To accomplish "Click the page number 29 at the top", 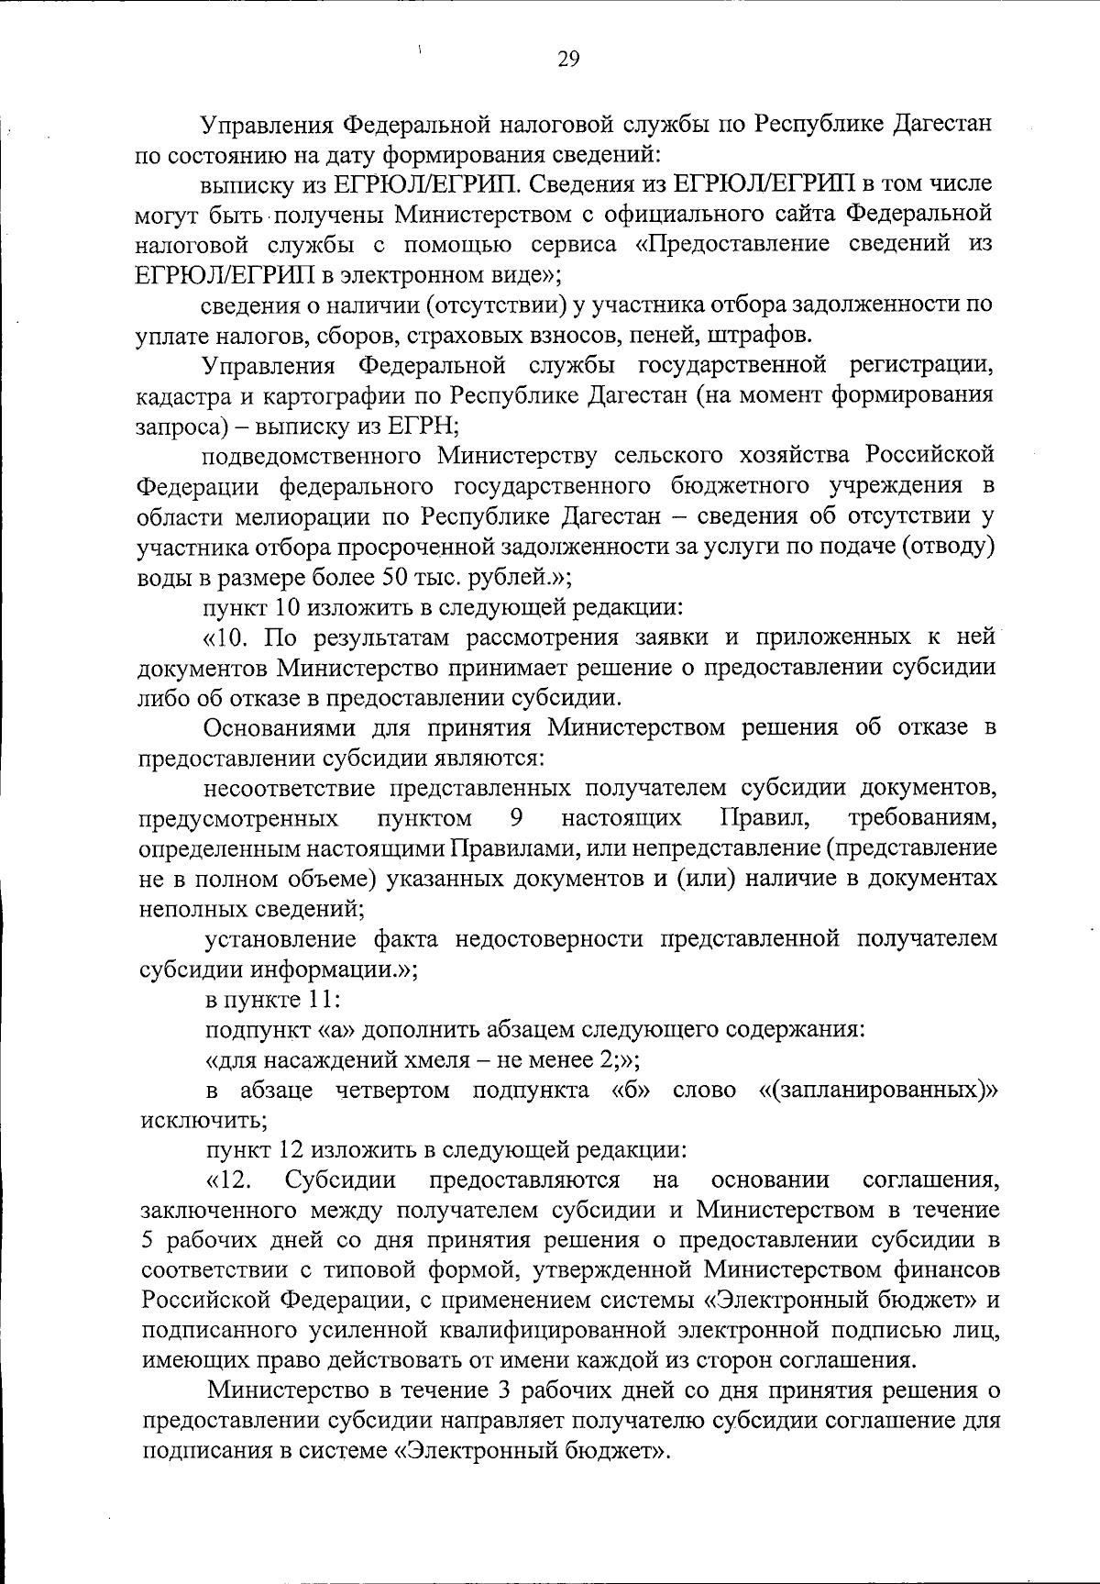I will pos(568,60).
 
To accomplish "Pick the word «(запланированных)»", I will pos(877,1091).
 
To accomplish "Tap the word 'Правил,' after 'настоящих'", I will pos(757,817).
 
